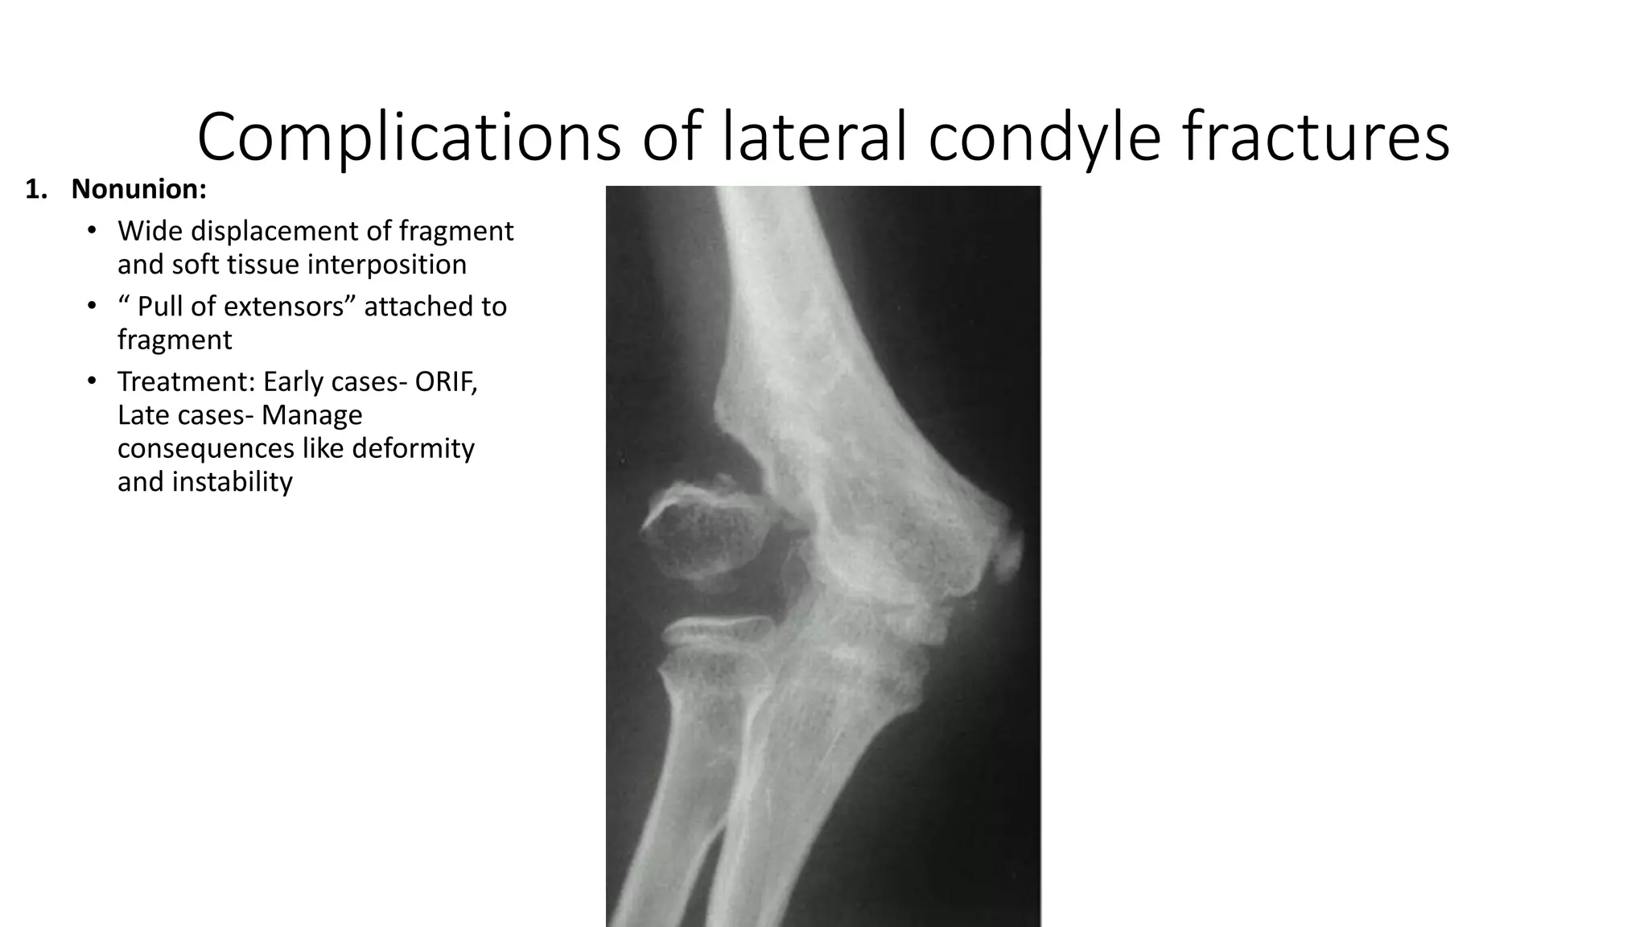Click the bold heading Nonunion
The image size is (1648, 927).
138,190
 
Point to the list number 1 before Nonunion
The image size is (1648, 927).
33,190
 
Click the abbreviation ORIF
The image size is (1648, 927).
445,381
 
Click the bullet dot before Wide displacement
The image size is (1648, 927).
93,232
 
